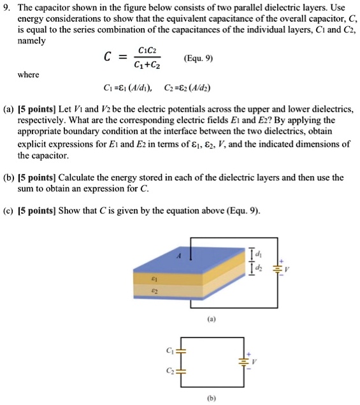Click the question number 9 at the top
coord(8,7)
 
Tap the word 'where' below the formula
coord(29,75)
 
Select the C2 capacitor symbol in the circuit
coord(180,370)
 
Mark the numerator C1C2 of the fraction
coord(145,51)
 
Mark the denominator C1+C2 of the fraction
coord(146,65)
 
